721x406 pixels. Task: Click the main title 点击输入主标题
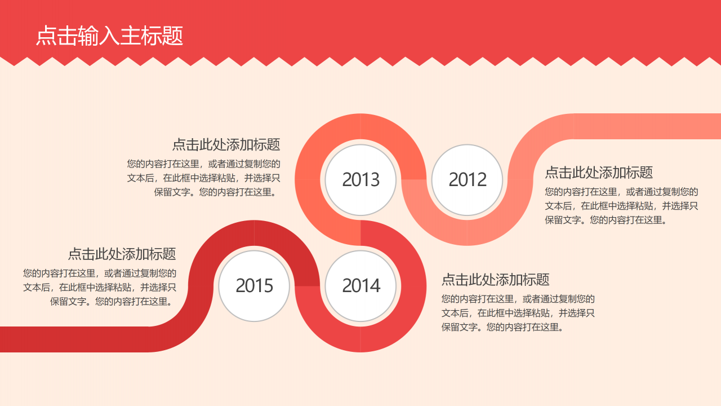tap(109, 36)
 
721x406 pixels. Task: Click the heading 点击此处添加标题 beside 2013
tap(226, 144)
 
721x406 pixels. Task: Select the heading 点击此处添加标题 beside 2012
tap(599, 173)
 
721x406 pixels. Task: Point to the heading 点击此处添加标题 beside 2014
tap(495, 280)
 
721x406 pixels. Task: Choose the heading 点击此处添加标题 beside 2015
tap(122, 254)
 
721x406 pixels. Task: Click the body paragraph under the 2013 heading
tap(204, 178)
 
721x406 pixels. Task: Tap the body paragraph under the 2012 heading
tap(621, 206)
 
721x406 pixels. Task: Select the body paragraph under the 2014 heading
tap(518, 313)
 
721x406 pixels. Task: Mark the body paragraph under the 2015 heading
tap(100, 287)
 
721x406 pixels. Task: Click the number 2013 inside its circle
tap(360, 180)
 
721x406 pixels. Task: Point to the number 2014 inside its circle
tap(360, 286)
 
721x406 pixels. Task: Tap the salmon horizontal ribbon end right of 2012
tap(648, 126)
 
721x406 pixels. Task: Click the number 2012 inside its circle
tap(467, 180)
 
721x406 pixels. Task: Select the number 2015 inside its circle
tap(254, 286)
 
